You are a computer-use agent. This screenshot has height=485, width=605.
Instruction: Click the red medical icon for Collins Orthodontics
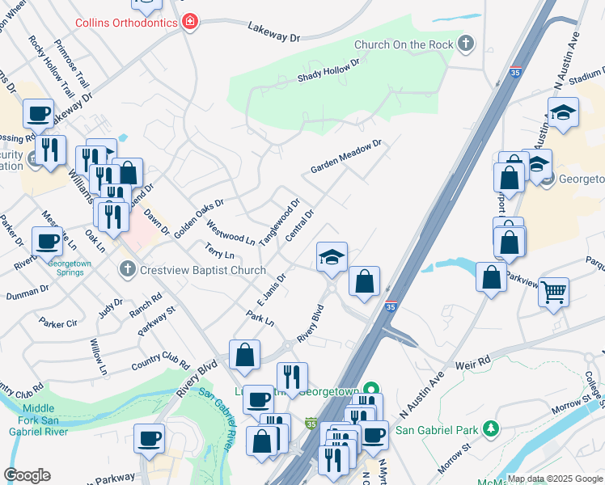point(190,22)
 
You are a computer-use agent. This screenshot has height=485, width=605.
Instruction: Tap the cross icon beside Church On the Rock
point(466,44)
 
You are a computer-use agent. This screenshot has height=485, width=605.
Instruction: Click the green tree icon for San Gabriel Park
point(489,427)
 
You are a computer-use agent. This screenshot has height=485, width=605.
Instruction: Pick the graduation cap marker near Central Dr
point(332,256)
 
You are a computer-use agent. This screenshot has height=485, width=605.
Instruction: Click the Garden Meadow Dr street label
point(345,158)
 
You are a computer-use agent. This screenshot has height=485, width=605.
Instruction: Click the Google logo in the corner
point(27,474)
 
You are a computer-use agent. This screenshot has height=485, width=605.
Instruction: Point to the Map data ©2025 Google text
point(555,479)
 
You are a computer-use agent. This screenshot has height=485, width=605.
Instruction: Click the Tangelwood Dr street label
point(279,217)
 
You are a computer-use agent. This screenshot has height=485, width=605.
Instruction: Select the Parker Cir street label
point(57,323)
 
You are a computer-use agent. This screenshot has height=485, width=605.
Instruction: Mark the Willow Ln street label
point(98,357)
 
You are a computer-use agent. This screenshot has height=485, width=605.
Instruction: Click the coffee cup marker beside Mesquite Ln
point(47,240)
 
